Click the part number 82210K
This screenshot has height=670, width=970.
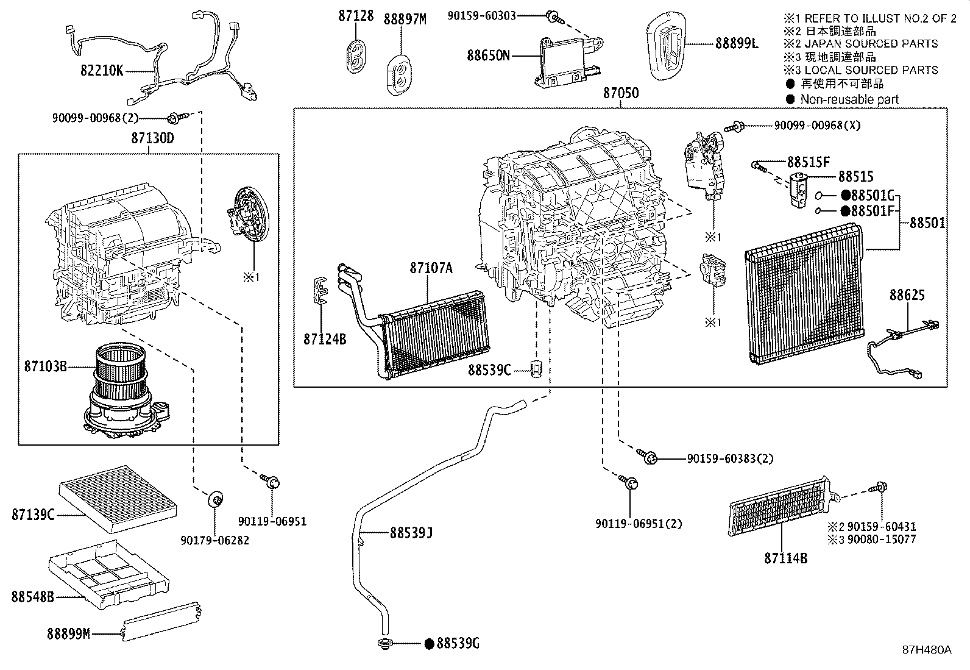coord(102,71)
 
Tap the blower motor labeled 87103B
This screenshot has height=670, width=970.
coord(125,393)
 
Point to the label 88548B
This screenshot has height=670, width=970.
coord(32,596)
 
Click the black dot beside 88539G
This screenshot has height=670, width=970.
coord(429,643)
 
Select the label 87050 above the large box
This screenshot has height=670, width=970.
coord(621,93)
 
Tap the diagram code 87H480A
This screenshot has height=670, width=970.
coord(927,650)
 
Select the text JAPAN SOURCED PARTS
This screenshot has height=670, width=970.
coord(871,43)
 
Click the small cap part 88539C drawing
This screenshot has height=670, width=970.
coord(537,369)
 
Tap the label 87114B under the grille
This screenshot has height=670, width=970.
coord(785,558)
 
